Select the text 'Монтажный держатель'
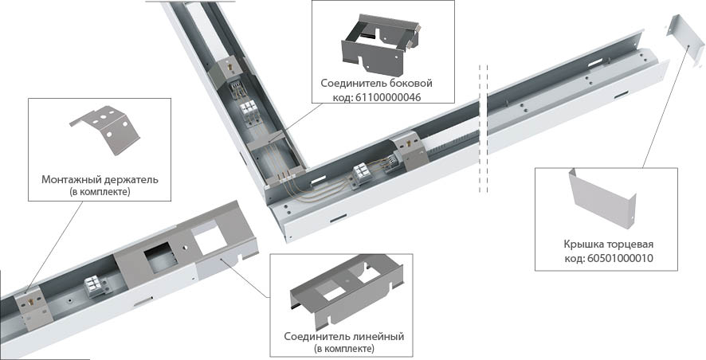point(100,180)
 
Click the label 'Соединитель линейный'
point(344,336)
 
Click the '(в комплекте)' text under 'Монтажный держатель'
point(100,193)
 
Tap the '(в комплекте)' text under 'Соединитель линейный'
point(344,349)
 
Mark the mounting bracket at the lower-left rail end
point(29,298)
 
